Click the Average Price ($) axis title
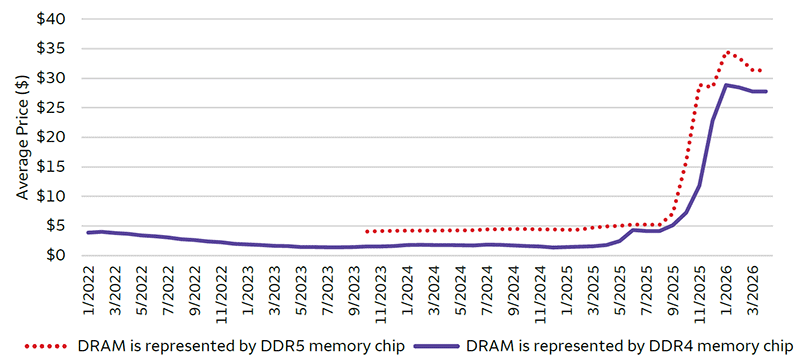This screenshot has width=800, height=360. pos(22,137)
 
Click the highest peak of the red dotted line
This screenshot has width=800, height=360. pos(727,52)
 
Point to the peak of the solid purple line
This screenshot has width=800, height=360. pos(726,85)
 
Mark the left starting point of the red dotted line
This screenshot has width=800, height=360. pos(367,231)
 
